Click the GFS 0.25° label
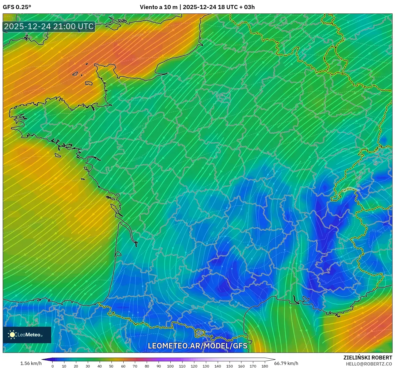[17, 7]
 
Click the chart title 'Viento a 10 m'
[159, 7]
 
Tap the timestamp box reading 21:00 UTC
[49, 26]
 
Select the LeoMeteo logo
[27, 335]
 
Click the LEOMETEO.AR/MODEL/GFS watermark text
[197, 346]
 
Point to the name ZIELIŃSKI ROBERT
[368, 358]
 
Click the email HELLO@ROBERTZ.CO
[369, 364]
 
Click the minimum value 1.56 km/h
[31, 363]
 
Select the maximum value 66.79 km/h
[286, 363]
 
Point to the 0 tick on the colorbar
[53, 366]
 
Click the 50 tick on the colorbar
[111, 366]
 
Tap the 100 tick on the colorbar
[170, 366]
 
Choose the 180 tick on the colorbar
[265, 366]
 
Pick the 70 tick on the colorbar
[135, 366]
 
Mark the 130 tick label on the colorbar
[206, 366]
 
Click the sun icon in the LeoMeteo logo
[12, 335]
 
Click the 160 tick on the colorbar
[241, 366]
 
